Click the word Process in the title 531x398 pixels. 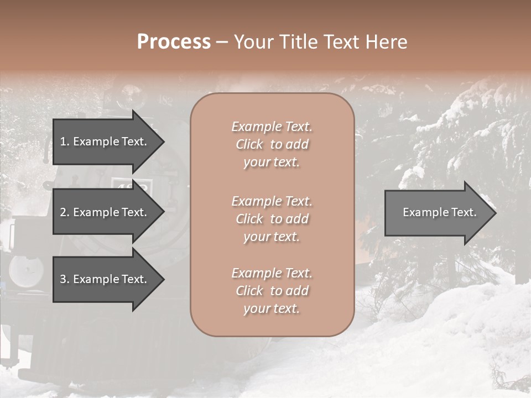point(174,42)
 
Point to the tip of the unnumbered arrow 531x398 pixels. point(495,213)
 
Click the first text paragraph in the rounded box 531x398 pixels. point(272,144)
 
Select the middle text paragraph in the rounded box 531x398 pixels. point(272,218)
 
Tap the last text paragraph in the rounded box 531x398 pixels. point(272,291)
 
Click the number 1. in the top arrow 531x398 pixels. point(64,142)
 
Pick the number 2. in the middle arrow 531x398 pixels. point(64,212)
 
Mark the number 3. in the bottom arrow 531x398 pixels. point(64,279)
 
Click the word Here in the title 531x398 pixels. point(387,42)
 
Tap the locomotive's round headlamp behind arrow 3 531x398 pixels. point(26,271)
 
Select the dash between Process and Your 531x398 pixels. point(222,43)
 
